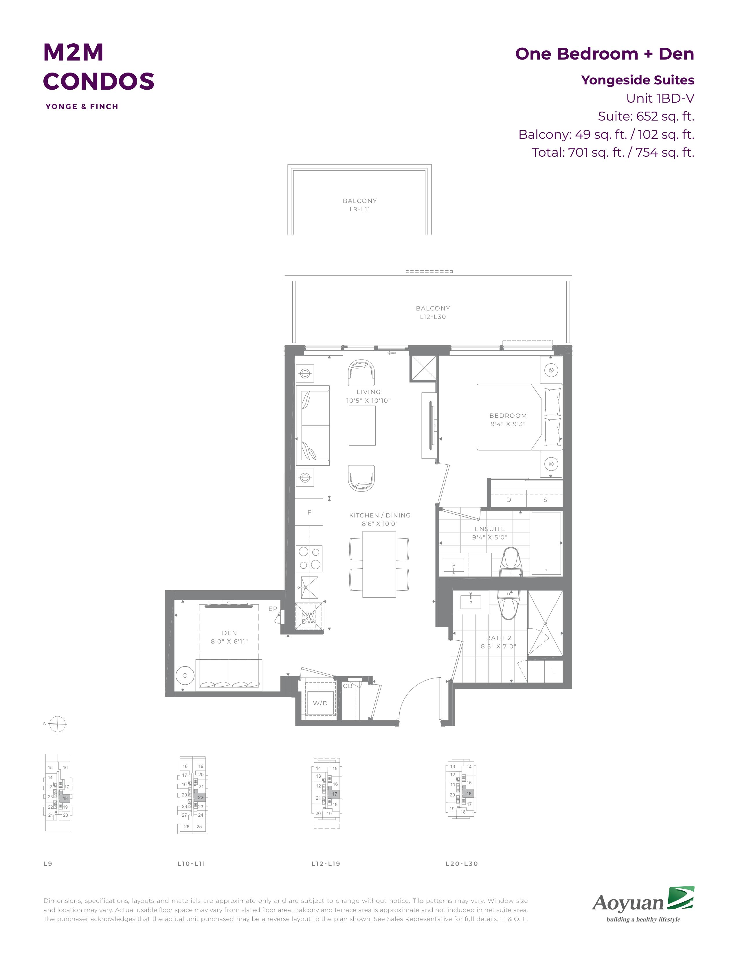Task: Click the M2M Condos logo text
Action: (98, 66)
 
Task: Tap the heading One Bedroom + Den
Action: (605, 54)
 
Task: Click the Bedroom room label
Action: (508, 415)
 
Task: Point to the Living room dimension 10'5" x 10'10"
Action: (368, 401)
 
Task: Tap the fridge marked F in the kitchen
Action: (309, 512)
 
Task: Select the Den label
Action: (230, 633)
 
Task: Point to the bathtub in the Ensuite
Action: (546, 544)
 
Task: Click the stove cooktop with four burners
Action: (309, 558)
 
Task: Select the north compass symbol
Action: (57, 724)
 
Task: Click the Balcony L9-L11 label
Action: (360, 205)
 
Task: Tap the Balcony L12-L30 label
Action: (433, 312)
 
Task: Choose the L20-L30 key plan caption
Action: (462, 864)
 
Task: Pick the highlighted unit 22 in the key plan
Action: (201, 797)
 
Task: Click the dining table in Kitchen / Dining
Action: (379, 564)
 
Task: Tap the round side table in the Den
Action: (185, 675)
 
